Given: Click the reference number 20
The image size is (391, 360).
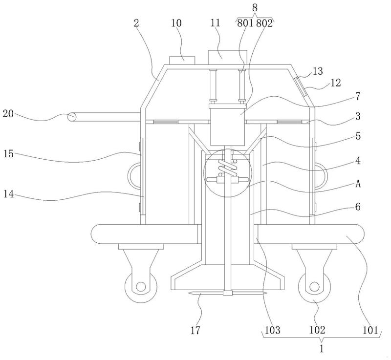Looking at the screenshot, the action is (x=8, y=114).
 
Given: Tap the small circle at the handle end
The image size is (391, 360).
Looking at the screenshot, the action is (x=72, y=117).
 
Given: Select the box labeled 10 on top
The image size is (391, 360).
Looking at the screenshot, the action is (x=182, y=60).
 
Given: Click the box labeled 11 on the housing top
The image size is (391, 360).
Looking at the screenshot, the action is (x=227, y=57).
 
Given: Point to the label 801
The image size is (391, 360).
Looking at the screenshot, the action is (x=245, y=23).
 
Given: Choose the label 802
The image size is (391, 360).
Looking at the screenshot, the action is (x=264, y=23).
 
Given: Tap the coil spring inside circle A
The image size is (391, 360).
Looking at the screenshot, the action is (x=227, y=168).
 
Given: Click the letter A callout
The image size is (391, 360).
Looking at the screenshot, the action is (x=358, y=184).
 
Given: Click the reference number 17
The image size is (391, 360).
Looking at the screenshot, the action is (x=195, y=330).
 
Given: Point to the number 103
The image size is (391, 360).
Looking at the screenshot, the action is (x=272, y=330).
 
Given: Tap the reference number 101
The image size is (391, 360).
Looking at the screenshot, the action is (x=370, y=330).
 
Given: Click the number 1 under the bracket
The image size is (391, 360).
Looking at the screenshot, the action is (x=322, y=348).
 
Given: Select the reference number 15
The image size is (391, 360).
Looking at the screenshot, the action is (x=8, y=154).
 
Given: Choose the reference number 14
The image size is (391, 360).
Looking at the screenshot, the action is (x=8, y=193).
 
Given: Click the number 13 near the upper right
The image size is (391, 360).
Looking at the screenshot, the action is (x=318, y=71).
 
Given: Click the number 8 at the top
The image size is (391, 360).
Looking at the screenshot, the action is (x=255, y=8).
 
